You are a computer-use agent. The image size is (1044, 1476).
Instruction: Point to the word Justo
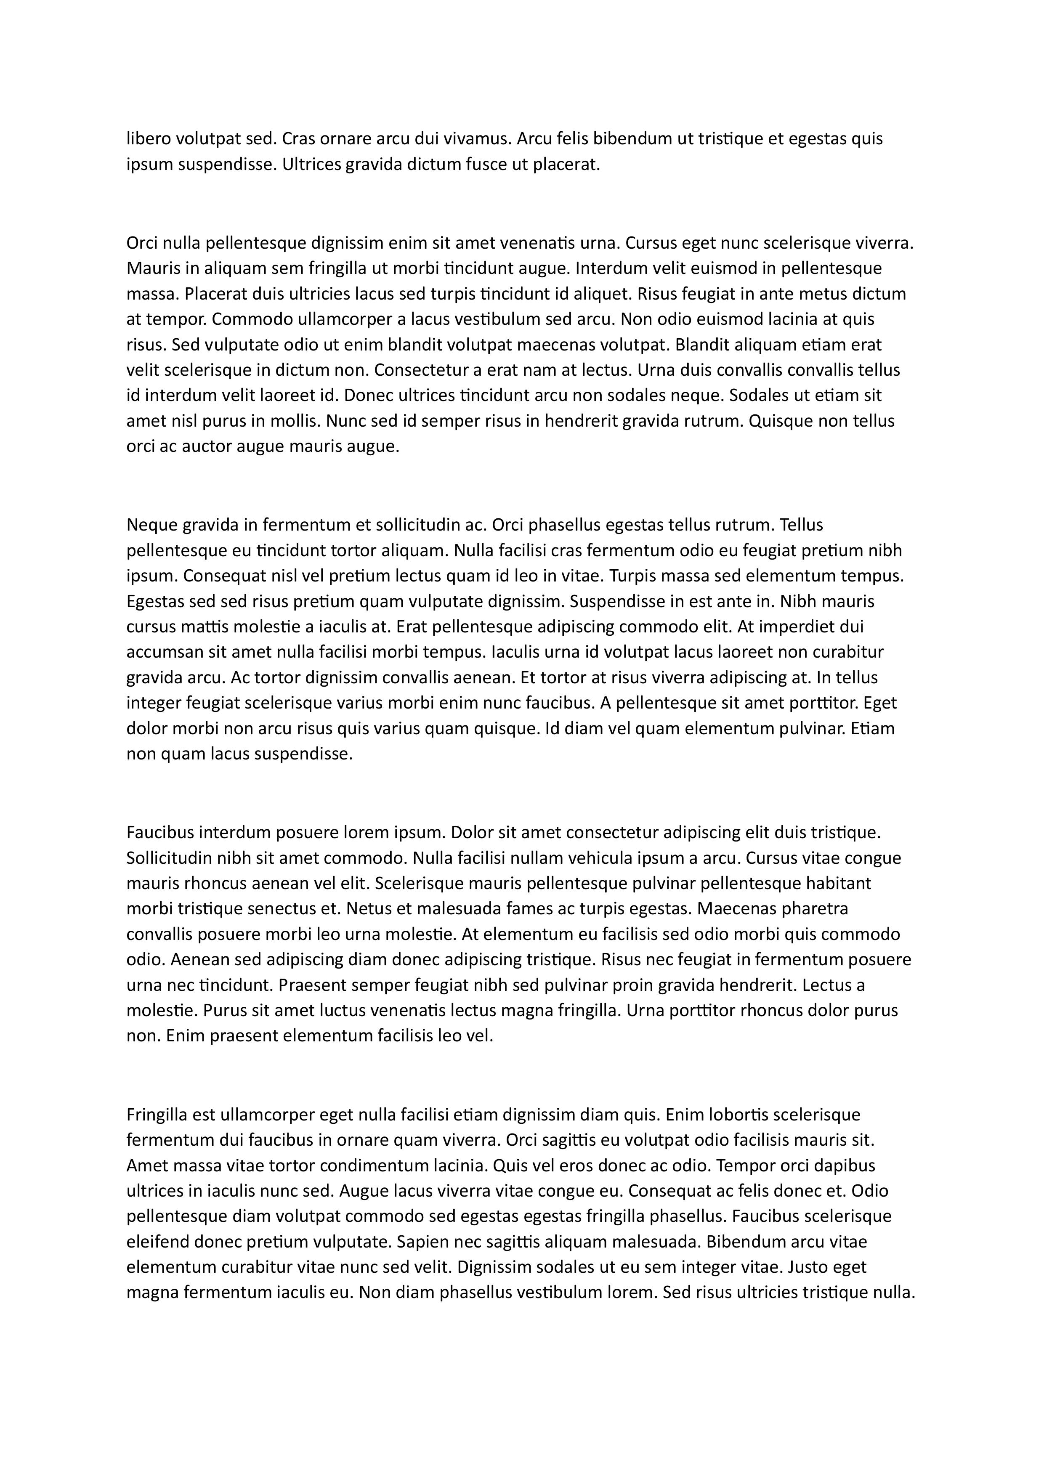[811, 1266]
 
